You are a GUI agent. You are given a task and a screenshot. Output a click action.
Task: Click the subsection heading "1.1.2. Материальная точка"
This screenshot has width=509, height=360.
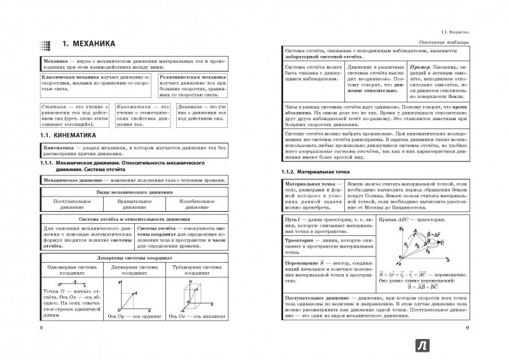click(309, 172)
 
